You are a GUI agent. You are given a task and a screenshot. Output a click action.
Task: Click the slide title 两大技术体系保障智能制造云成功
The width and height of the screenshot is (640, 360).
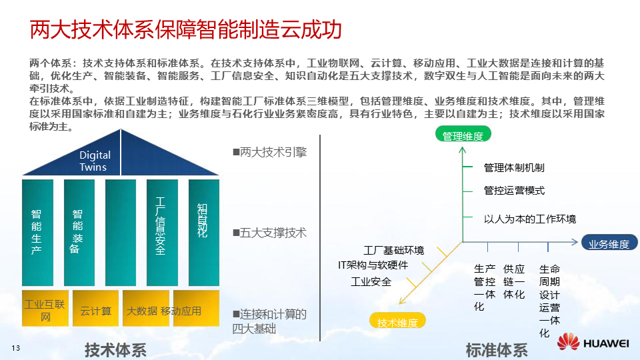click(x=186, y=31)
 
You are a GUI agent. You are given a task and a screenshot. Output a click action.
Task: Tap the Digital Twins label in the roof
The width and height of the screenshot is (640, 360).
click(x=95, y=161)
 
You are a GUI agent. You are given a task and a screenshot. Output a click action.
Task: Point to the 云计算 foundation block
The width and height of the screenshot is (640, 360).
click(x=95, y=311)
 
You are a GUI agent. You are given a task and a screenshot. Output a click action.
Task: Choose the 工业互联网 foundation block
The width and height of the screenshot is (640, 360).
click(x=45, y=311)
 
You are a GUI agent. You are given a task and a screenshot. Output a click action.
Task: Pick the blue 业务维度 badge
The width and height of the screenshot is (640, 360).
click(x=609, y=244)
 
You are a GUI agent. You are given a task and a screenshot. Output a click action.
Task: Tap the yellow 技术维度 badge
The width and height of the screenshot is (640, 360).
click(x=397, y=323)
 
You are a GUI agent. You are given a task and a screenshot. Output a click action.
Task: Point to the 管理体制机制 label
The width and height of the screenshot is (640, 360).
click(x=514, y=167)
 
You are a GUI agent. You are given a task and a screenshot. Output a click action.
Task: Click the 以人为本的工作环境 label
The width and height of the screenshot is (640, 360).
click(x=530, y=219)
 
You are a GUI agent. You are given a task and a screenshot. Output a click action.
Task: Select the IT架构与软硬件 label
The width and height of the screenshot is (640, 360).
click(x=373, y=265)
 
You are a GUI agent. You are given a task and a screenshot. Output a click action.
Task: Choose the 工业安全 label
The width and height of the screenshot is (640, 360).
click(x=371, y=282)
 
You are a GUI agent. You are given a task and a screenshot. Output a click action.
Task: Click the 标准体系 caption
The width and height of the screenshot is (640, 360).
click(x=497, y=349)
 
